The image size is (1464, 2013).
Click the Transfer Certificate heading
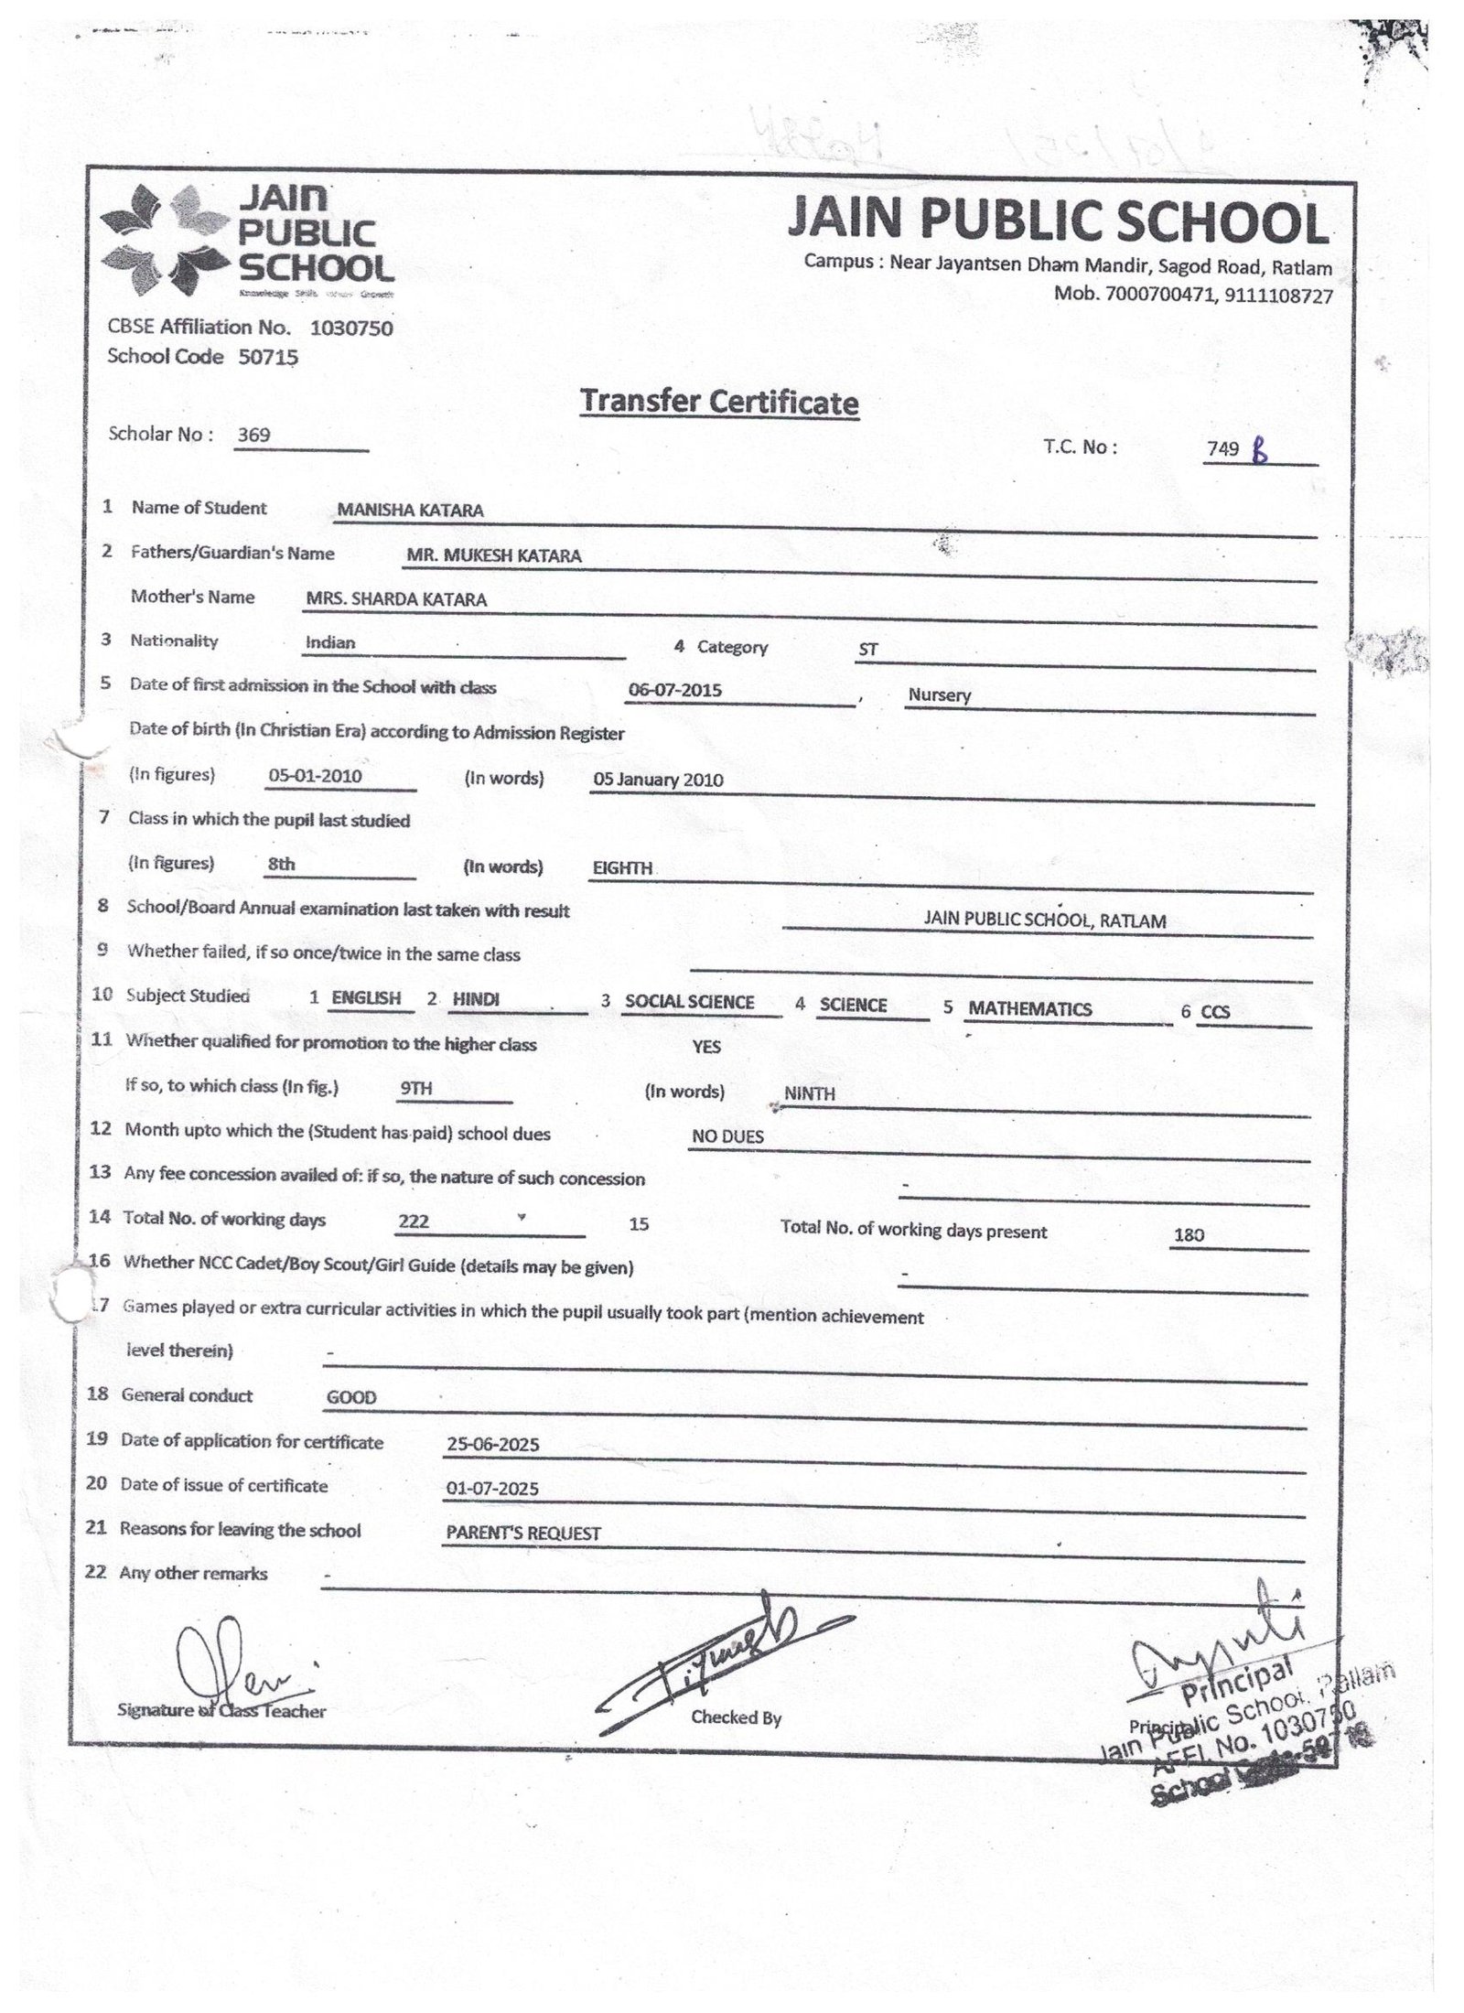pyautogui.click(x=719, y=403)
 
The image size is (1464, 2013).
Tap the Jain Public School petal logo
pyautogui.click(x=163, y=240)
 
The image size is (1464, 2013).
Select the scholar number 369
pyautogui.click(x=253, y=436)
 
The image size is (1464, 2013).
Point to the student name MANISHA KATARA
pyautogui.click(x=410, y=511)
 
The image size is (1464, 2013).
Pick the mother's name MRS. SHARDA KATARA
pyautogui.click(x=396, y=600)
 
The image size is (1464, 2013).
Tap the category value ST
pyautogui.click(x=867, y=650)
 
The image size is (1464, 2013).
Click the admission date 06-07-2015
pyautogui.click(x=675, y=690)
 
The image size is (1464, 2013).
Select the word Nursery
pyautogui.click(x=939, y=694)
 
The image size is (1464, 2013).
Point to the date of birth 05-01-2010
pyautogui.click(x=315, y=777)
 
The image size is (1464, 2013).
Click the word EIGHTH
pyautogui.click(x=622, y=867)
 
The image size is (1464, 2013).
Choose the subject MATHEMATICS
pyautogui.click(x=1029, y=1008)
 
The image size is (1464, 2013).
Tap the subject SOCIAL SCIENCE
pyautogui.click(x=689, y=1002)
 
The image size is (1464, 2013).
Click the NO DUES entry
pyautogui.click(x=727, y=1136)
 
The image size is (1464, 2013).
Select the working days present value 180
pyautogui.click(x=1189, y=1235)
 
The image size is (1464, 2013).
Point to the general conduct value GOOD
pyautogui.click(x=351, y=1397)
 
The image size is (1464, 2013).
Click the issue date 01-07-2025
pyautogui.click(x=492, y=1489)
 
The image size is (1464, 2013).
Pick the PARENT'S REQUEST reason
pyautogui.click(x=523, y=1534)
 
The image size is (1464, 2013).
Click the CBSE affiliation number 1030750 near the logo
pyautogui.click(x=351, y=328)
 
